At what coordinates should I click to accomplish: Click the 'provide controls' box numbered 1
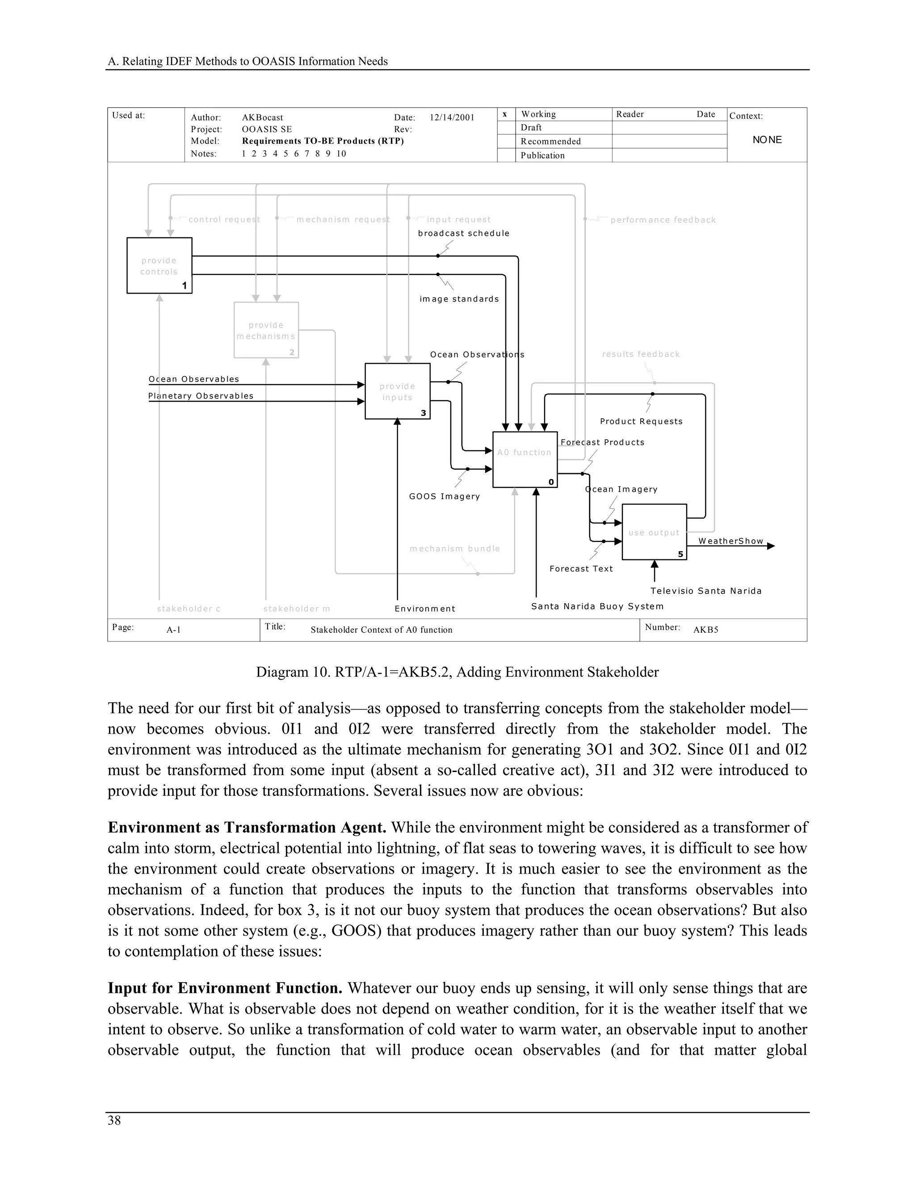pyautogui.click(x=159, y=266)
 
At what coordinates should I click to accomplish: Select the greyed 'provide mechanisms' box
pyautogui.click(x=266, y=330)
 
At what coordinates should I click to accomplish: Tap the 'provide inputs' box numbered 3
pyautogui.click(x=397, y=391)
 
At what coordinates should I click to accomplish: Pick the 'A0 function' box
pyautogui.click(x=525, y=460)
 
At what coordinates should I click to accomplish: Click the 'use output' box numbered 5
pyautogui.click(x=654, y=532)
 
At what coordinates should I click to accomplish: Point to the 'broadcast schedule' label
pyautogui.click(x=463, y=234)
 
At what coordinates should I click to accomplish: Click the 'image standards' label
pyautogui.click(x=459, y=299)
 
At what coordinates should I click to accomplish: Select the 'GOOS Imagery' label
pyautogui.click(x=445, y=496)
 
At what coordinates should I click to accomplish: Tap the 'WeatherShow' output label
pyautogui.click(x=730, y=541)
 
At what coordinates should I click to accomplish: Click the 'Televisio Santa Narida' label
pyautogui.click(x=706, y=591)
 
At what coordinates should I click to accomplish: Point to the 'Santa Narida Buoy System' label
pyautogui.click(x=597, y=606)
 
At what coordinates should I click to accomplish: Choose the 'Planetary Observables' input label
pyautogui.click(x=201, y=396)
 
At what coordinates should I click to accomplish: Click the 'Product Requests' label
pyautogui.click(x=641, y=421)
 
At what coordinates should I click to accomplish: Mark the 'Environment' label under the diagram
pyautogui.click(x=425, y=609)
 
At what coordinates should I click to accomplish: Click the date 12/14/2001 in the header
pyautogui.click(x=452, y=118)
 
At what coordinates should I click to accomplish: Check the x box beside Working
pyautogui.click(x=505, y=114)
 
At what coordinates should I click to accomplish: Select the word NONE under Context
pyautogui.click(x=767, y=140)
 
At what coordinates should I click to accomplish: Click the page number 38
pyautogui.click(x=114, y=1121)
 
